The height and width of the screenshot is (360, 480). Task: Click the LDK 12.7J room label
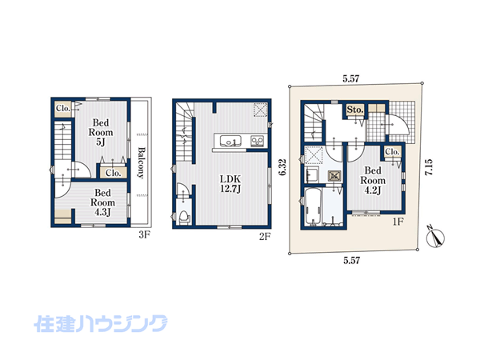pyautogui.click(x=231, y=184)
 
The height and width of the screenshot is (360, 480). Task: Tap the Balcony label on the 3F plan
pyautogui.click(x=141, y=163)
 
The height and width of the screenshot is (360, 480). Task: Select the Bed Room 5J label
pyautogui.click(x=101, y=133)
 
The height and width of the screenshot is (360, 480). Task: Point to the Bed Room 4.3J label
pyautogui.click(x=103, y=202)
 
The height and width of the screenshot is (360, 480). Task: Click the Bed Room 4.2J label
pyautogui.click(x=373, y=180)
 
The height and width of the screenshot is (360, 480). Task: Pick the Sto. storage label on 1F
pyautogui.click(x=355, y=110)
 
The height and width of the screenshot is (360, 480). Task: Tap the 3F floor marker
pyautogui.click(x=145, y=235)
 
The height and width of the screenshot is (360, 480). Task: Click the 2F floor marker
pyautogui.click(x=265, y=237)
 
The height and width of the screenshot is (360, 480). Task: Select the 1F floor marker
pyautogui.click(x=398, y=222)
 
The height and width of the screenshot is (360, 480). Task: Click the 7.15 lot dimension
pyautogui.click(x=429, y=167)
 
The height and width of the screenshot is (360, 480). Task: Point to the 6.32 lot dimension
pyautogui.click(x=282, y=167)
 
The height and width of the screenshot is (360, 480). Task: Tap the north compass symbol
pyautogui.click(x=436, y=236)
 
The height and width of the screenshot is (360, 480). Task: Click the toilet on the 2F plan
pyautogui.click(x=184, y=218)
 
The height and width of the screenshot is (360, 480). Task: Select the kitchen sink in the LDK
pyautogui.click(x=230, y=142)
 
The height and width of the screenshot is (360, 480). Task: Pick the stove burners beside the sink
pyautogui.click(x=257, y=141)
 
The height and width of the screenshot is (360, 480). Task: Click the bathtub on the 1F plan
pyautogui.click(x=313, y=206)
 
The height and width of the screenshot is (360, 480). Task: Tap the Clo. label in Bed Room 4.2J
pyautogui.click(x=393, y=152)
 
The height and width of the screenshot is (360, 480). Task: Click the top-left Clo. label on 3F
pyautogui.click(x=63, y=108)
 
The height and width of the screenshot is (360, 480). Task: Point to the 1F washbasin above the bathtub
pyautogui.click(x=312, y=174)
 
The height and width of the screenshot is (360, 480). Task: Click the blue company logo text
pyautogui.click(x=101, y=323)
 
